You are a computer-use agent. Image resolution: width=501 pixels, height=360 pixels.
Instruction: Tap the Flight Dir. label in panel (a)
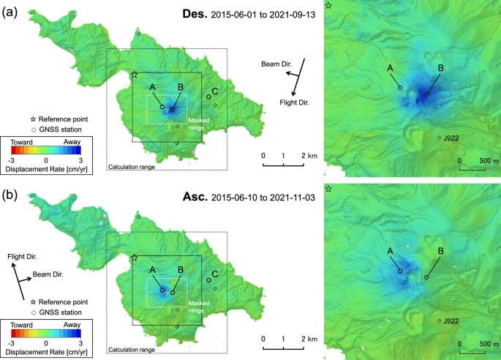[294, 103]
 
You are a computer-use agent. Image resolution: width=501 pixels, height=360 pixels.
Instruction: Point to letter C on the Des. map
[216, 91]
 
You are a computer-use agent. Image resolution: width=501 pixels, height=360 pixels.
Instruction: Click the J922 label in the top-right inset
[451, 137]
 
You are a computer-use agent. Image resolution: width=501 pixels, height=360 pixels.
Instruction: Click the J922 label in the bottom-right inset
[451, 320]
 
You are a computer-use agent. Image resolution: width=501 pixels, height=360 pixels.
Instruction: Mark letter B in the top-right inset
[440, 69]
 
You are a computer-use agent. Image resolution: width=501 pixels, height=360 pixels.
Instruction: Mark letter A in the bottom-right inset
[389, 250]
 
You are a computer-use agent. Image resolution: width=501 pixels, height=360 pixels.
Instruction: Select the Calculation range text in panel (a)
[132, 167]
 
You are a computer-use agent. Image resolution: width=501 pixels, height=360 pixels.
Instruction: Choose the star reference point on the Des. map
[135, 75]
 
